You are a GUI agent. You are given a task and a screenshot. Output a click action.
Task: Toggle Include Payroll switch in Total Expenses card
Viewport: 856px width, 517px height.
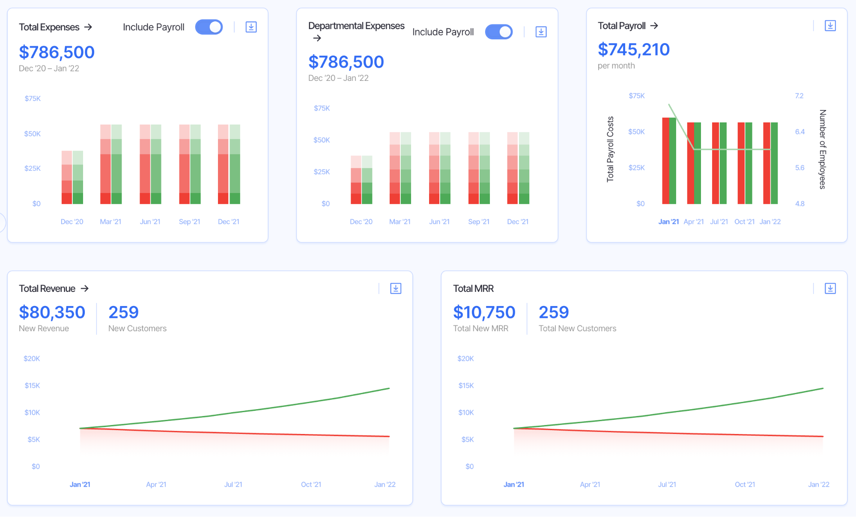tap(209, 27)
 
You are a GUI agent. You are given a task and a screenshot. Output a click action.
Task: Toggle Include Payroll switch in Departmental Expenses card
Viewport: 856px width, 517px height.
tap(498, 32)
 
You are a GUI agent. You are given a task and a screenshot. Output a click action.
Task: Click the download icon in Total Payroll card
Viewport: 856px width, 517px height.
tap(830, 26)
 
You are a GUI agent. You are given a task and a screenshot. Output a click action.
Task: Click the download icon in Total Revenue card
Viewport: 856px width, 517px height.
tap(396, 288)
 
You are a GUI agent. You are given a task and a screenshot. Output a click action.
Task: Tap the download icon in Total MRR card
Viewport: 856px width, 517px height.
tap(830, 288)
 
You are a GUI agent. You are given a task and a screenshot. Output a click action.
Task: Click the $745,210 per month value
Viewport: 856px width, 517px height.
tap(633, 50)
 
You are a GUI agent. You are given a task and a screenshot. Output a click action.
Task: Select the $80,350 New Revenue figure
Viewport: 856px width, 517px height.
tap(52, 312)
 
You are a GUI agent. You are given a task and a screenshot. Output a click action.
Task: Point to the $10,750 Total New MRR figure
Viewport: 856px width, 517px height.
tap(484, 312)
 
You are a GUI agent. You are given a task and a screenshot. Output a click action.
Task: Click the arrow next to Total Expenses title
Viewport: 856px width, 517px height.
tap(88, 27)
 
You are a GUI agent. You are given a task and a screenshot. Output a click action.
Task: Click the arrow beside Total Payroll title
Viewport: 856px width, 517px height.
tap(654, 26)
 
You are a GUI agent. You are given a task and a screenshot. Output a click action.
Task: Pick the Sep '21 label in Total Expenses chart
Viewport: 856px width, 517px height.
tap(189, 222)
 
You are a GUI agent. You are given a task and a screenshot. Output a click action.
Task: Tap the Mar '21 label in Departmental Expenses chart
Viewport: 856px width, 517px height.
tap(400, 222)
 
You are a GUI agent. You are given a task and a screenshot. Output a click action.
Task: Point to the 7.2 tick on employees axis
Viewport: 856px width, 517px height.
tap(799, 96)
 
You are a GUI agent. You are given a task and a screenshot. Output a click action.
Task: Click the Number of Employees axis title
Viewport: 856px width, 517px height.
tap(822, 149)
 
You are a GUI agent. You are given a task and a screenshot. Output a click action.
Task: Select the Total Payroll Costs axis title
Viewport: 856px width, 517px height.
tap(610, 149)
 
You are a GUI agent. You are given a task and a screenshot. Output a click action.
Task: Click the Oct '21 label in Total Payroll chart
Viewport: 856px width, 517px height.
tap(744, 222)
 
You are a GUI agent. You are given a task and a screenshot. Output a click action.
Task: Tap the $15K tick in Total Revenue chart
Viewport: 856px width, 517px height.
tap(32, 386)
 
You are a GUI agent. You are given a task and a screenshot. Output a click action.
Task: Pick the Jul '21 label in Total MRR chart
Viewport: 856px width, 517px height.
tap(667, 484)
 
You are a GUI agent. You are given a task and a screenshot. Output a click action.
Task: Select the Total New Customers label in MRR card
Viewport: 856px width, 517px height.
tap(577, 328)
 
